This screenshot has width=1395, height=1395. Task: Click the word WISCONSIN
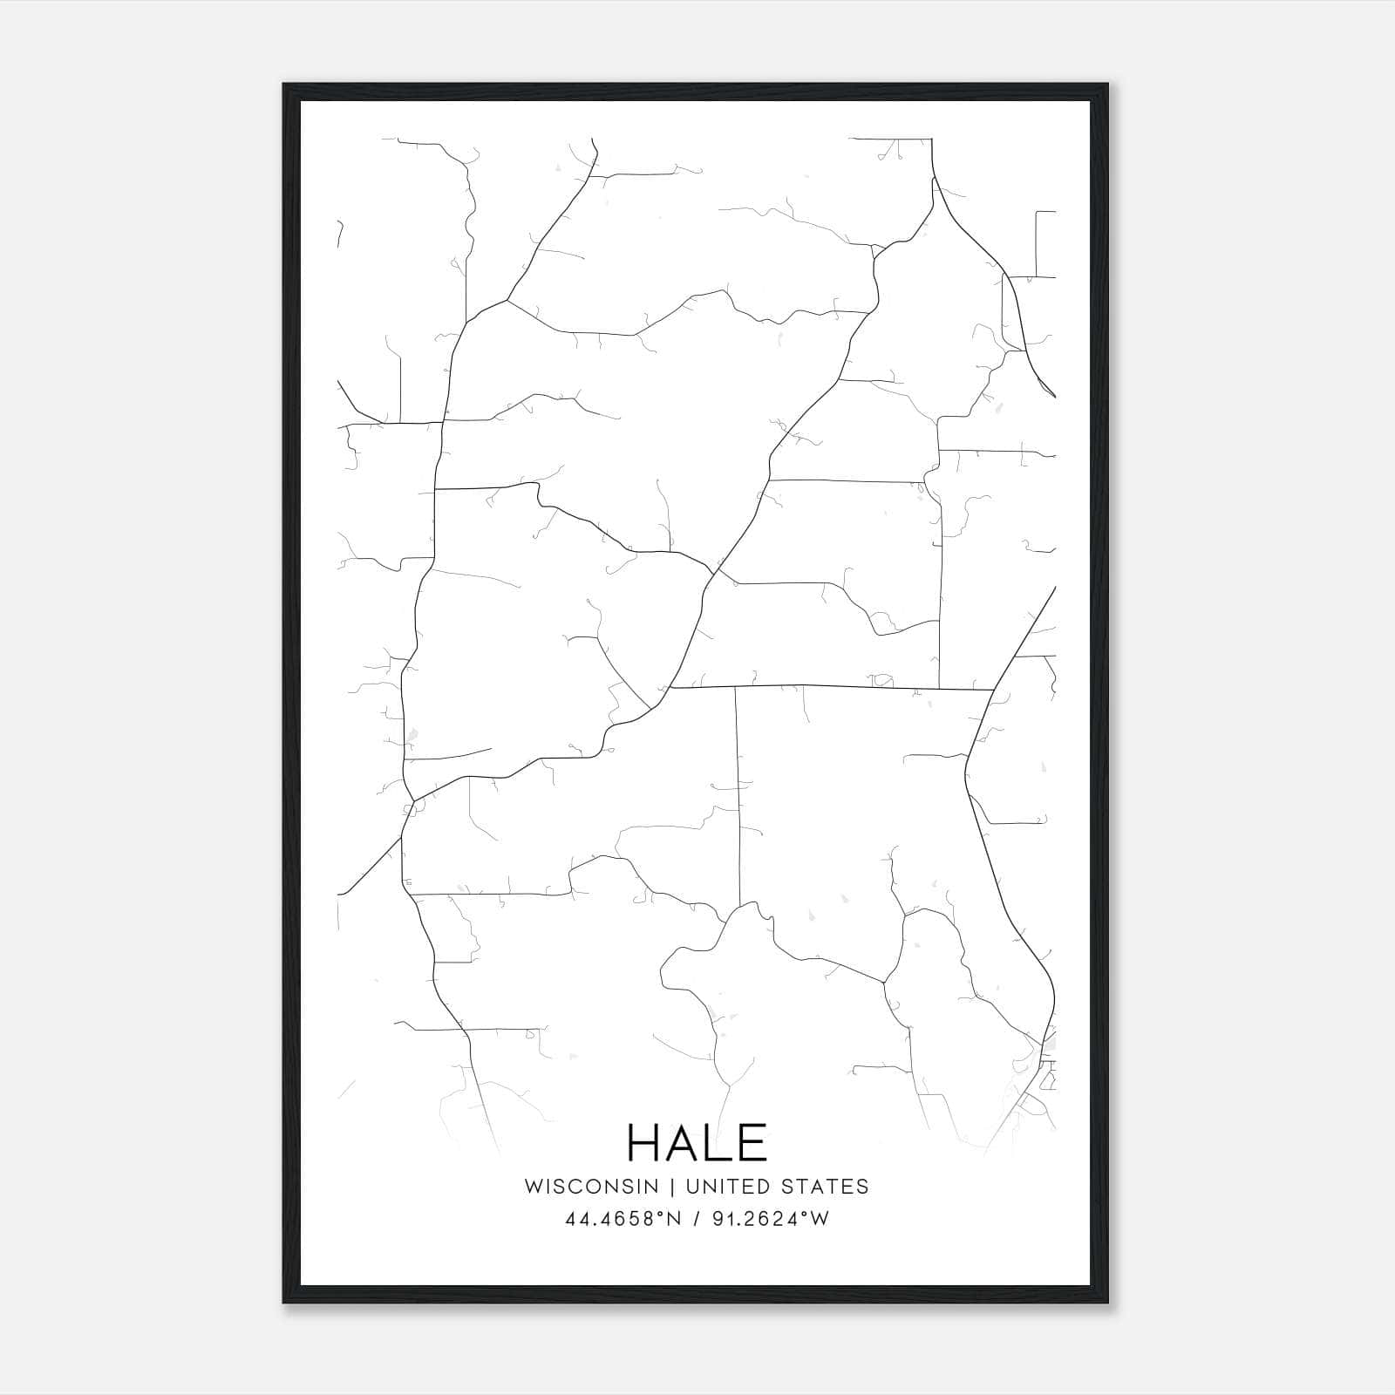(591, 1186)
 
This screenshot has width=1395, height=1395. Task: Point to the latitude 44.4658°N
(622, 1219)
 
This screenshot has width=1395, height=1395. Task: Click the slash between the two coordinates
(694, 1219)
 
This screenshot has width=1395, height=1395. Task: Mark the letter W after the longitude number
(820, 1219)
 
